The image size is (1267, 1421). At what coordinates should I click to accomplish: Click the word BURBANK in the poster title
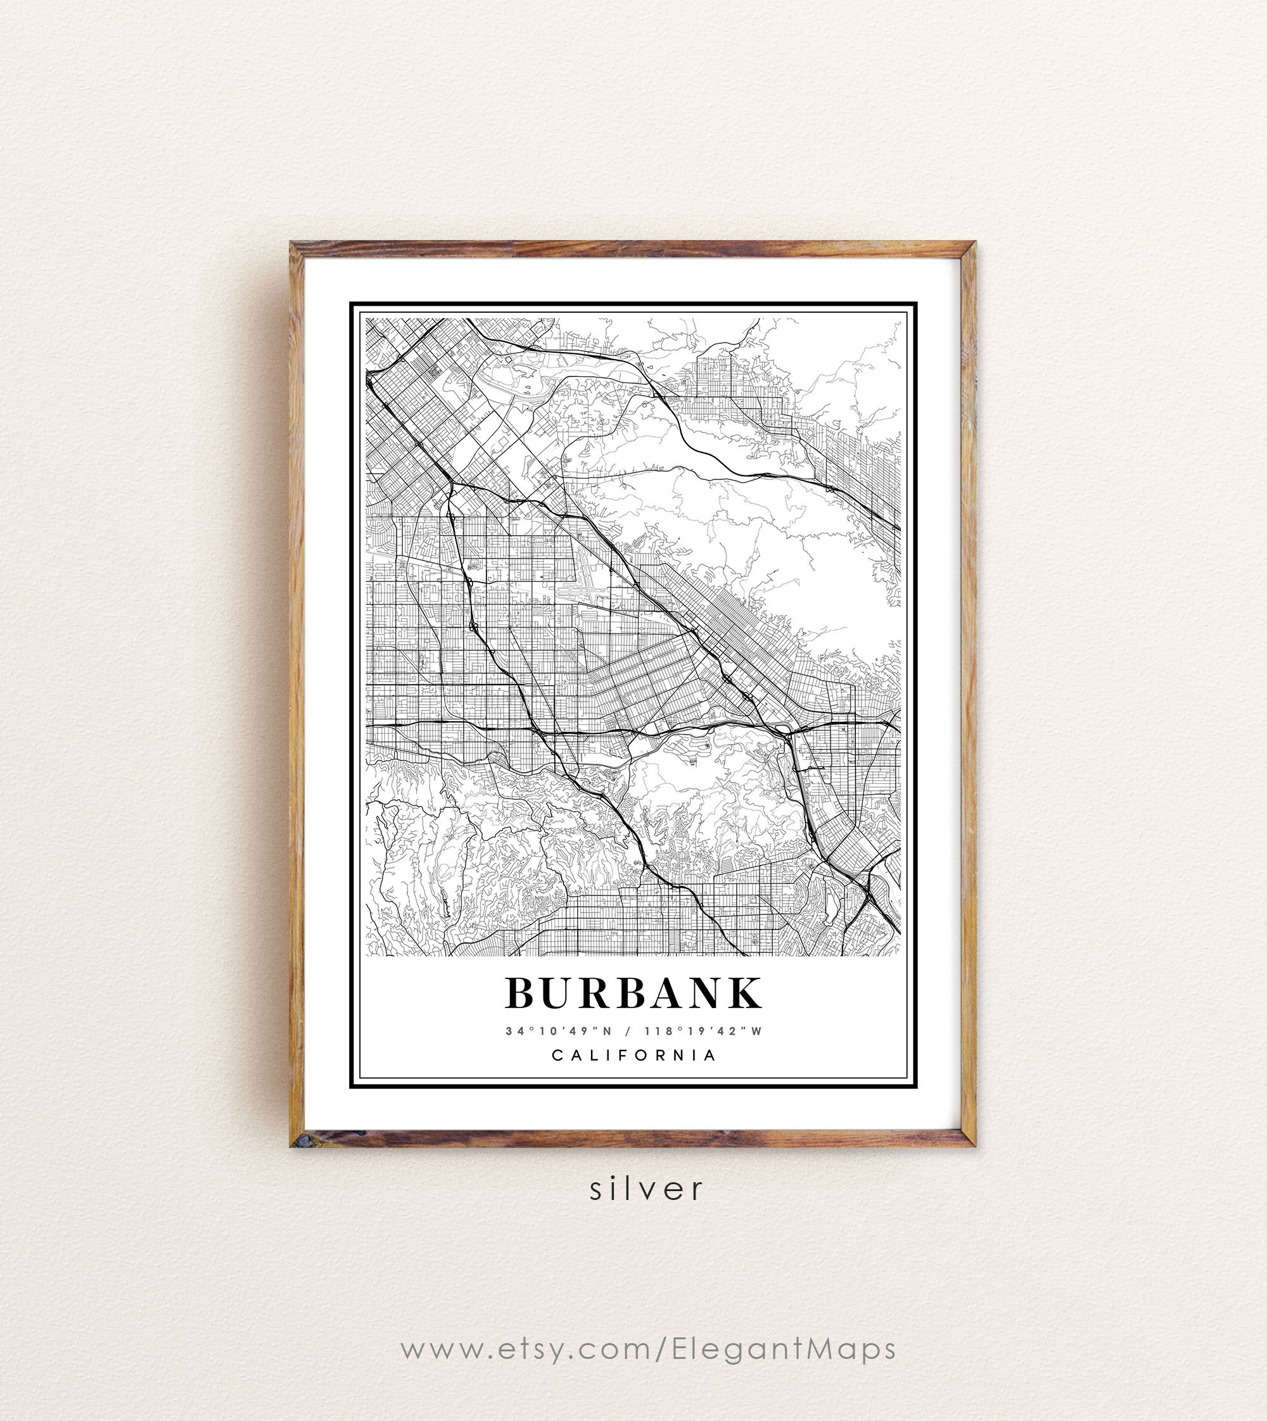pyautogui.click(x=633, y=993)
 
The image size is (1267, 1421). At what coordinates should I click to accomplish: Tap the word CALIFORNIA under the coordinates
pyautogui.click(x=633, y=1056)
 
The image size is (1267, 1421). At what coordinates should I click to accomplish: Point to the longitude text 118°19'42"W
pyautogui.click(x=703, y=1032)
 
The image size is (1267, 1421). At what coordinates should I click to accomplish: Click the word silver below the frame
pyautogui.click(x=647, y=1189)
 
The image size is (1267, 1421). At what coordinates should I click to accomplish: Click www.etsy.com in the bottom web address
pyautogui.click(x=526, y=1349)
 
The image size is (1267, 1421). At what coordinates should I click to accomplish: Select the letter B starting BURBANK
pyautogui.click(x=519, y=993)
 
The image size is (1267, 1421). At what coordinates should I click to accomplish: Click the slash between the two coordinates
pyautogui.click(x=628, y=1032)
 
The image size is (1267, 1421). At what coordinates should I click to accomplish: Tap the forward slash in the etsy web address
pyautogui.click(x=661, y=1349)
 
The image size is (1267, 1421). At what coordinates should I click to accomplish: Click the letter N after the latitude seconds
pyautogui.click(x=607, y=1032)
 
